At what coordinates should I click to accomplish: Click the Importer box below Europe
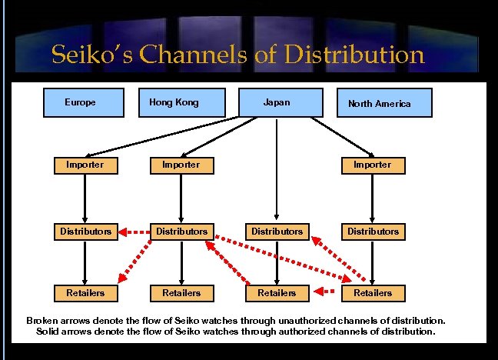click(85, 165)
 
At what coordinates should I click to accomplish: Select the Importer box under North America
click(372, 165)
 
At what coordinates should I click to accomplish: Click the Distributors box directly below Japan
click(277, 231)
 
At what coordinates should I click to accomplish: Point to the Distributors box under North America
click(372, 231)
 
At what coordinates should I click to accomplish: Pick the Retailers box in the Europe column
click(85, 293)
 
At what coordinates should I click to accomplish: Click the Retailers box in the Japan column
click(277, 293)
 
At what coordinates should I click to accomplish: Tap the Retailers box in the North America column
click(372, 293)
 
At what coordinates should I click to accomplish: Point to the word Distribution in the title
click(354, 55)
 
